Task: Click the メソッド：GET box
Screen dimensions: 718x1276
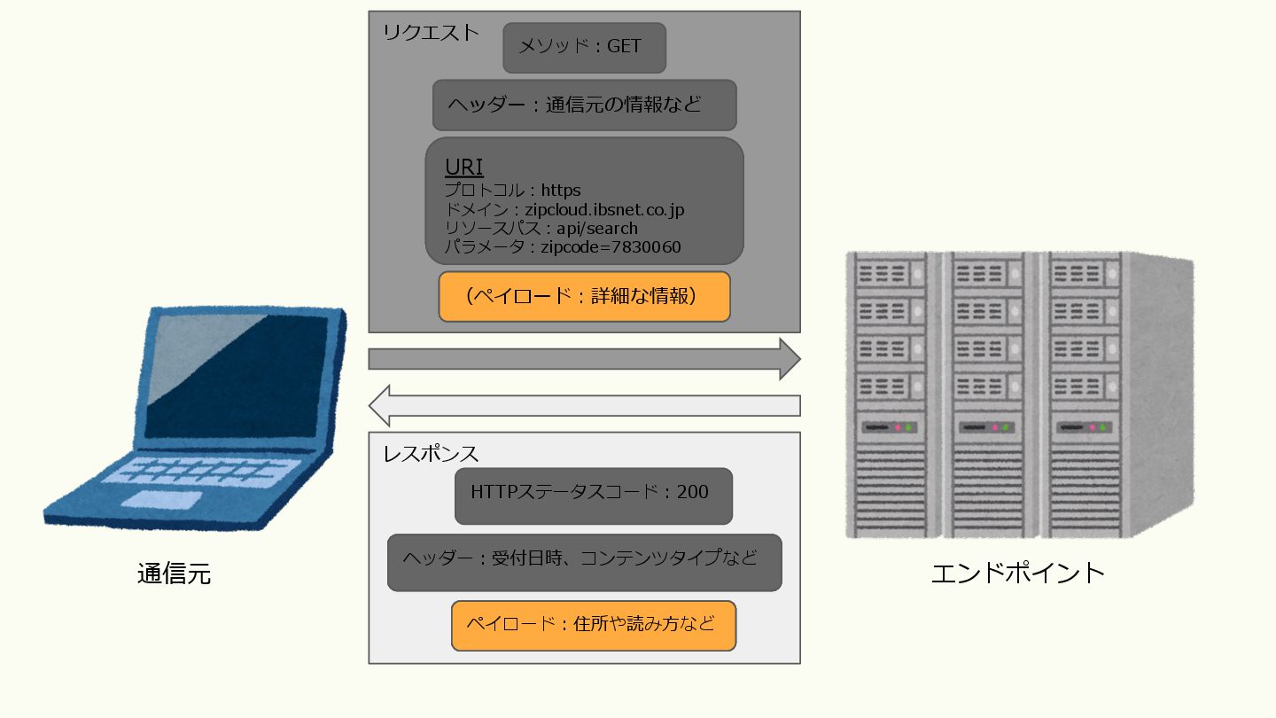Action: pos(584,47)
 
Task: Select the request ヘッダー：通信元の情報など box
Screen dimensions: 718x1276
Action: pos(584,105)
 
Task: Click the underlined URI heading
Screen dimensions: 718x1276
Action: pos(463,167)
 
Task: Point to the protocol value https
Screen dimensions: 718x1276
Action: pos(561,190)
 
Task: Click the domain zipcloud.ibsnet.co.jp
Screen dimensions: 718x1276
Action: pos(604,210)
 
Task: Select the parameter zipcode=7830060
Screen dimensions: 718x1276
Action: pos(611,247)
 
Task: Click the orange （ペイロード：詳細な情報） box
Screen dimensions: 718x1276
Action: pos(584,296)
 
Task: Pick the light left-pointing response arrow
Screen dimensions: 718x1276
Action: pos(584,406)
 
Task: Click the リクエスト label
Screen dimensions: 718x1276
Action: pos(431,33)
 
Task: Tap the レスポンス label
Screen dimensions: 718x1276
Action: pos(431,454)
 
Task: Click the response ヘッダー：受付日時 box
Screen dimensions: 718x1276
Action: pos(584,561)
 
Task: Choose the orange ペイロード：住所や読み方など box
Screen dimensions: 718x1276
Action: pos(593,625)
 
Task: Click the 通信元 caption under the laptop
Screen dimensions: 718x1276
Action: pos(175,574)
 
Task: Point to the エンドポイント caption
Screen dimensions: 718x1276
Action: pos(1018,572)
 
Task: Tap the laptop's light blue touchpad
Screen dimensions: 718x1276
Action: pos(160,500)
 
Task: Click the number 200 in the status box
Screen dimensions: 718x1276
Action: pos(692,492)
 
